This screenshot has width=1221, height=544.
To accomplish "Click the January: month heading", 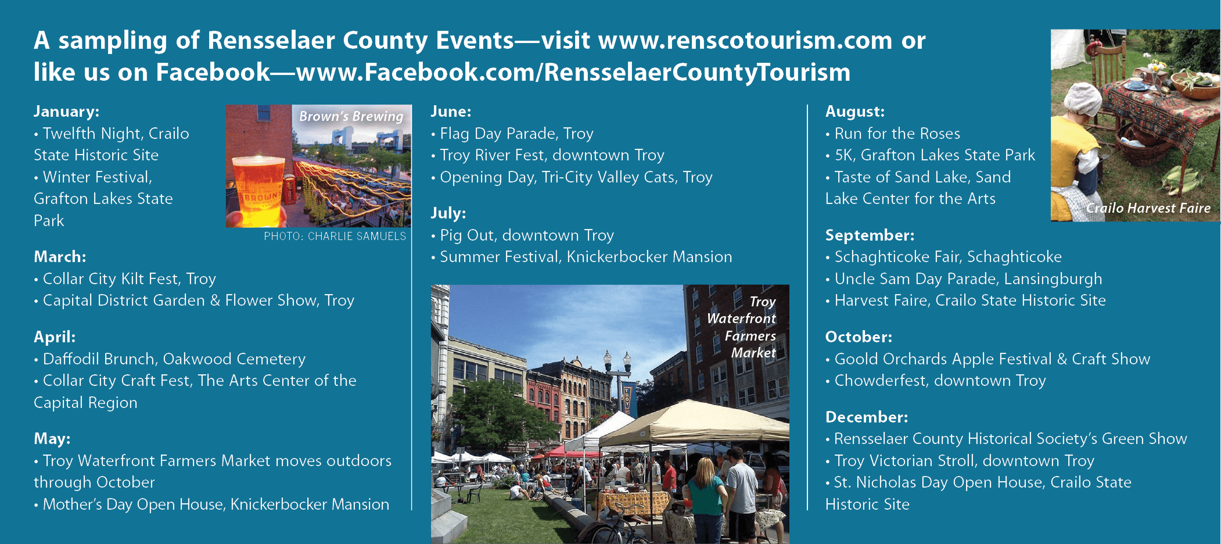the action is pyautogui.click(x=66, y=112).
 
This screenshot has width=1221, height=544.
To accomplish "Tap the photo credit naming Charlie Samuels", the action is pyautogui.click(x=335, y=236).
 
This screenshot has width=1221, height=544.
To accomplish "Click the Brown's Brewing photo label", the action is pyautogui.click(x=351, y=116).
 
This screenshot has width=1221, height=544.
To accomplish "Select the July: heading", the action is pyautogui.click(x=448, y=213).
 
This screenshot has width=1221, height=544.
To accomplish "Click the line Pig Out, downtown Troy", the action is pyautogui.click(x=522, y=235).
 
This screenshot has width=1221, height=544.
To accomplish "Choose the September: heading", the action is pyautogui.click(x=870, y=235).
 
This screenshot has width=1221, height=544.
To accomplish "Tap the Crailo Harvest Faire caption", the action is pyautogui.click(x=1148, y=208).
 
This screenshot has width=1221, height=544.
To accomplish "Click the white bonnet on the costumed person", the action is pyautogui.click(x=1082, y=101).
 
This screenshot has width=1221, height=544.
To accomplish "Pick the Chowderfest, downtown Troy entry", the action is pyautogui.click(x=936, y=381).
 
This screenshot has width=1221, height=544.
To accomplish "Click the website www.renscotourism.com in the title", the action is pyautogui.click(x=745, y=41).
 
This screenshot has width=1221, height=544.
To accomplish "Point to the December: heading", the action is pyautogui.click(x=866, y=417).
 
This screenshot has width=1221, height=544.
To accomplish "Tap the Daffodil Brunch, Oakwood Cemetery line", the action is pyautogui.click(x=170, y=359).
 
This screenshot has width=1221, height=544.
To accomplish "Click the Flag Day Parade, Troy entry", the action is pyautogui.click(x=512, y=134).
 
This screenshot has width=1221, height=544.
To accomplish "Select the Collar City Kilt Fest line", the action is pyautogui.click(x=125, y=279).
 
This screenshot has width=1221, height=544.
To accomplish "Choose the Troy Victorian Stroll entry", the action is pyautogui.click(x=960, y=461).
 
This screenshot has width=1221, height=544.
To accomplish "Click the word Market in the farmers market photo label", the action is pyautogui.click(x=753, y=353).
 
